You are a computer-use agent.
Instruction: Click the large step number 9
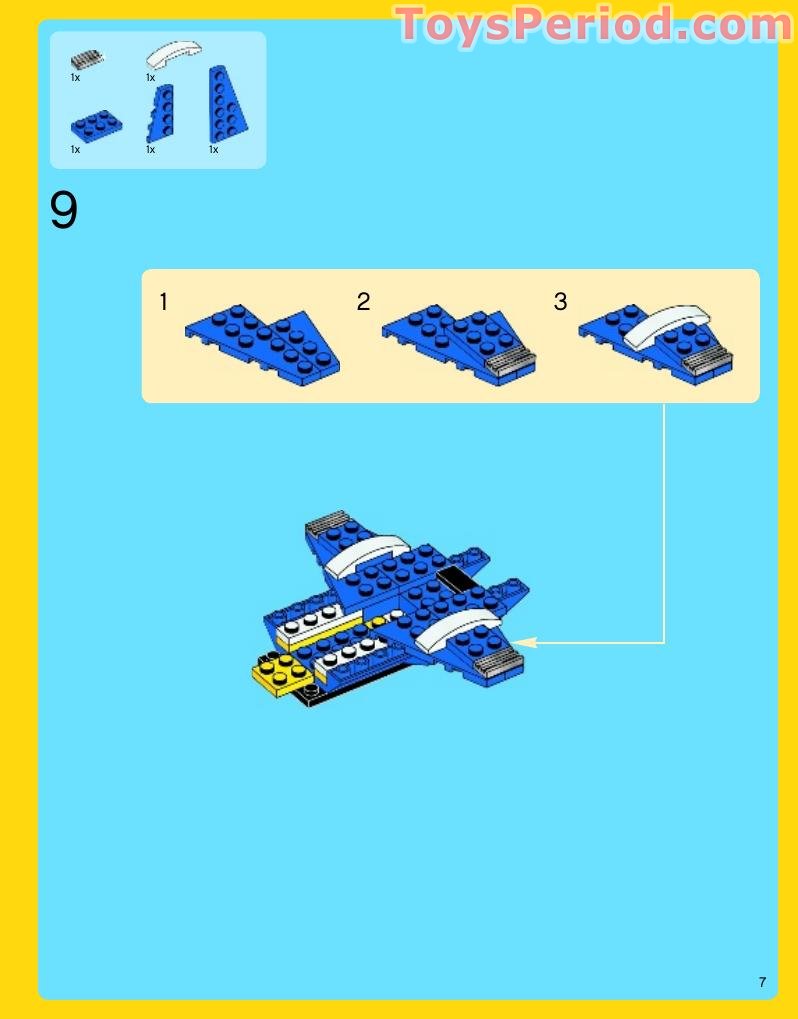click(63, 210)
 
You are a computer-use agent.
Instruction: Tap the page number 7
click(762, 982)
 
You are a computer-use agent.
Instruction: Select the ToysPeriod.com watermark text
click(594, 25)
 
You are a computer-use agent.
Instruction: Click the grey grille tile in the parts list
click(87, 57)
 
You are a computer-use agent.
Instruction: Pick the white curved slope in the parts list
click(173, 54)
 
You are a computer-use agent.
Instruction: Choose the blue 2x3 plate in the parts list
click(96, 125)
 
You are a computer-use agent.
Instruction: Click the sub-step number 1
click(163, 301)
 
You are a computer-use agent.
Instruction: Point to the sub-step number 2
click(363, 301)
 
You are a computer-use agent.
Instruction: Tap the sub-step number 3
click(560, 301)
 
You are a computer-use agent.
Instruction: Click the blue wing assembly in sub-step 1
click(262, 339)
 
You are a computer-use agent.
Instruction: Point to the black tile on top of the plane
click(454, 578)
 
